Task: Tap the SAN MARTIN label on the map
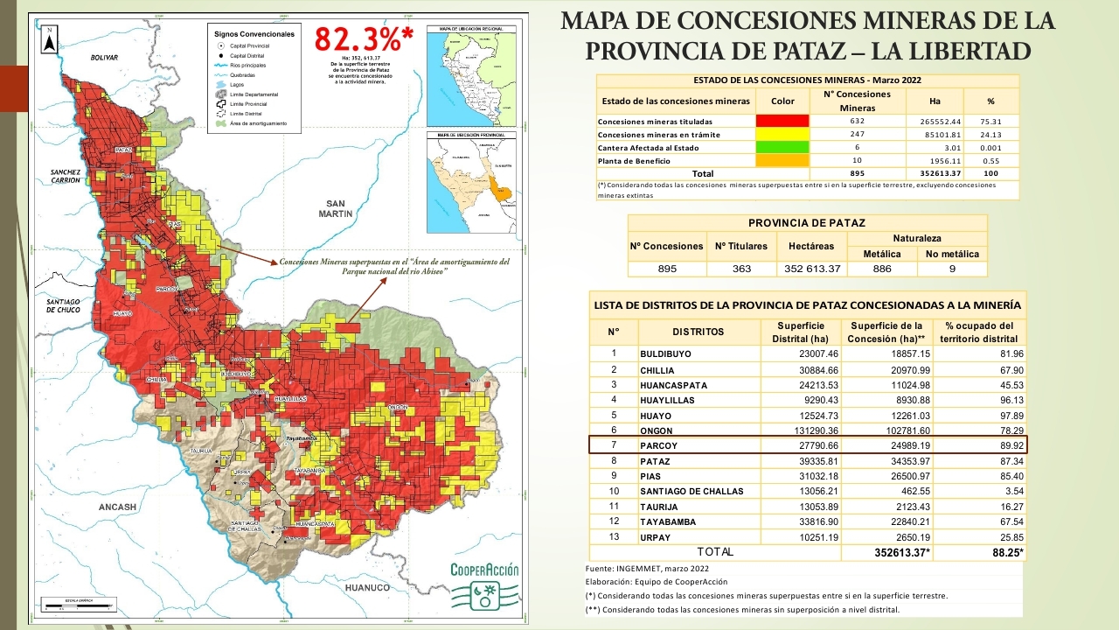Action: point(335,207)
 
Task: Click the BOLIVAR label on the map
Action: point(104,57)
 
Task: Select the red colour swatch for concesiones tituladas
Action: point(783,121)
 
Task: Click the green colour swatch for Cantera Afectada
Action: point(783,148)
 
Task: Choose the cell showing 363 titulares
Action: point(741,269)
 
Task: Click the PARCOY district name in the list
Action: point(659,445)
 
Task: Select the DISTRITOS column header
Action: point(698,332)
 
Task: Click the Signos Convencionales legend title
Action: point(254,34)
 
